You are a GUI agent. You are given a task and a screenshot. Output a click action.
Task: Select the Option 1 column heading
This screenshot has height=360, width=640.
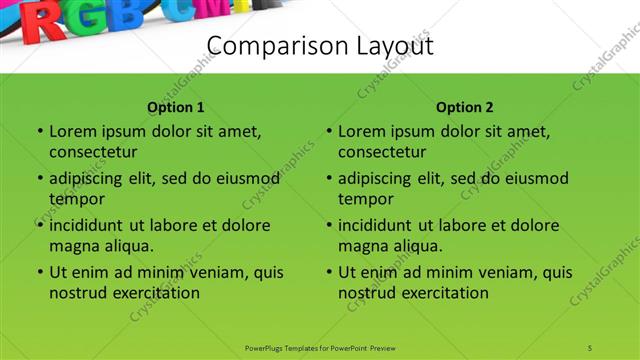(176, 107)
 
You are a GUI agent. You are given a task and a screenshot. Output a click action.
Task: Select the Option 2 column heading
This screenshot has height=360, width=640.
(465, 107)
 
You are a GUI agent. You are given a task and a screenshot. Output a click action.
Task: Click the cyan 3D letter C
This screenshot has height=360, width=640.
(187, 11)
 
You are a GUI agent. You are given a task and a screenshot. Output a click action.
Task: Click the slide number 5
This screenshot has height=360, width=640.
(590, 347)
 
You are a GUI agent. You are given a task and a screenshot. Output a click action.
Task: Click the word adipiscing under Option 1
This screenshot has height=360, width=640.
(94, 179)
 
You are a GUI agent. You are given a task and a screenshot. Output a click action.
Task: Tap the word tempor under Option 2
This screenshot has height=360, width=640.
(362, 199)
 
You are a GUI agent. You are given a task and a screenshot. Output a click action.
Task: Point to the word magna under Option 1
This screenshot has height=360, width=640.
(72, 245)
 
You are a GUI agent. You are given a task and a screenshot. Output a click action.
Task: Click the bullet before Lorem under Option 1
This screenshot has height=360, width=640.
(39, 132)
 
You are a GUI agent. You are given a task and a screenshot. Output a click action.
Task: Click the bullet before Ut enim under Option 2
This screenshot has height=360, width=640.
(328, 272)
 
